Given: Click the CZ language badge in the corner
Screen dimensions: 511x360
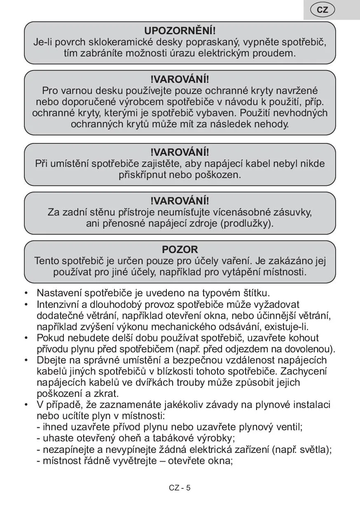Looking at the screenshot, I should [x=323, y=10].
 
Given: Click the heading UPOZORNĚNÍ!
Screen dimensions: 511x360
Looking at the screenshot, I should [x=180, y=31].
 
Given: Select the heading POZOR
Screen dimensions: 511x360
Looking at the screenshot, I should [x=180, y=249].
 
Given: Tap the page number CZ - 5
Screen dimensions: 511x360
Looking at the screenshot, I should [x=180, y=488].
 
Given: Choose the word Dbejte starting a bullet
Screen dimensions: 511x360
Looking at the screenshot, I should [x=50, y=360].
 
